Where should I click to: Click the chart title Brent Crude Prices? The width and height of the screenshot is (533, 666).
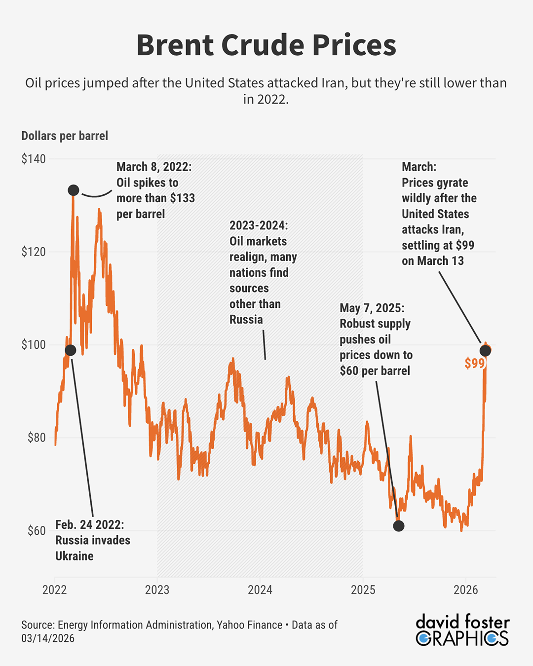tap(266, 45)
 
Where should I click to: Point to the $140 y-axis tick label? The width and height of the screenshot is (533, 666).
tap(34, 159)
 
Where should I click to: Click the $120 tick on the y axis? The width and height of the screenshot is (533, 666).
tap(34, 252)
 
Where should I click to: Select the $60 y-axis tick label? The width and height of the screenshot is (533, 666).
tap(36, 531)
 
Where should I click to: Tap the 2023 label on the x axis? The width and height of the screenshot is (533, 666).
tap(157, 590)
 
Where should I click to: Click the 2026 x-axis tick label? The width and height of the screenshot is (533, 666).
tap(465, 590)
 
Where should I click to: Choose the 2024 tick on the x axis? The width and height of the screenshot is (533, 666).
tap(260, 590)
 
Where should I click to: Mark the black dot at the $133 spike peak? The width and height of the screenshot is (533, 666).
tap(74, 190)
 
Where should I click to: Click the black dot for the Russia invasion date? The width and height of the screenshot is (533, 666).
tap(71, 350)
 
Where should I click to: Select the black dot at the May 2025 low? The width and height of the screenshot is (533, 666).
tap(399, 525)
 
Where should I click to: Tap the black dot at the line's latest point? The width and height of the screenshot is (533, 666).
tap(485, 350)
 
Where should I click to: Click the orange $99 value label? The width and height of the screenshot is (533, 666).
tap(474, 364)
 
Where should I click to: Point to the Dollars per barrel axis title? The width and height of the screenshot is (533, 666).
tap(65, 136)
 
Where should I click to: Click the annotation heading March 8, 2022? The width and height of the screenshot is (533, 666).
tap(154, 167)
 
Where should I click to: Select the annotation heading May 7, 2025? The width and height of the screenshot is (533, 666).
tap(372, 308)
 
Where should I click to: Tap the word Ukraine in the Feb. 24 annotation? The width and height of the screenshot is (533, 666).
tap(74, 556)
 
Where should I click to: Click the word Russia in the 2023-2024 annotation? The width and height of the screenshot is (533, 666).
tap(246, 320)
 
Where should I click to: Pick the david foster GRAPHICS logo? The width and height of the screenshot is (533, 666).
tap(462, 630)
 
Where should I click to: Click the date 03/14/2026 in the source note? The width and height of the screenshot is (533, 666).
tap(48, 638)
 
